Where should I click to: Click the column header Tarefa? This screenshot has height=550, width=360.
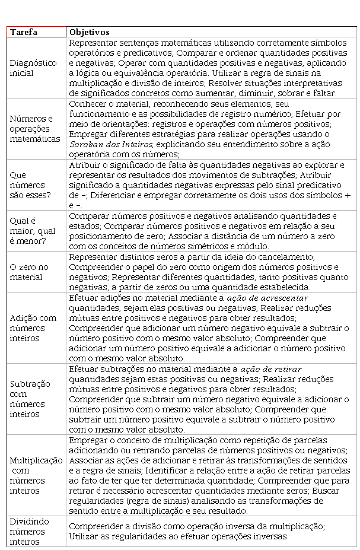tap(24, 32)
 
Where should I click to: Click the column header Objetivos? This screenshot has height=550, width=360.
tap(89, 32)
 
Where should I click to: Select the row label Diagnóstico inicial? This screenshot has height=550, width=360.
tap(33, 68)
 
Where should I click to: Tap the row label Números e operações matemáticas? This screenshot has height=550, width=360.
tap(35, 129)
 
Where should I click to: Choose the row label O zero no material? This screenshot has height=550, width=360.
tap(29, 272)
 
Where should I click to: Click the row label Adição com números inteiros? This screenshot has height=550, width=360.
tap(33, 328)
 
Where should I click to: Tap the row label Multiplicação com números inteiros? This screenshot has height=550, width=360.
tap(36, 475)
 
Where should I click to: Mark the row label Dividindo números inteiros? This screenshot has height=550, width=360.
tap(29, 531)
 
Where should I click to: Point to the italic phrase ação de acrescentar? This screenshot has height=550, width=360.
tap(266, 297)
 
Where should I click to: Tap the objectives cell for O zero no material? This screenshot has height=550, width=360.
tap(211, 272)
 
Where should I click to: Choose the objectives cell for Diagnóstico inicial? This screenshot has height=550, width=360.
tap(211, 68)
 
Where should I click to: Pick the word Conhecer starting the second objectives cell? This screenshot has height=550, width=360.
tap(88, 103)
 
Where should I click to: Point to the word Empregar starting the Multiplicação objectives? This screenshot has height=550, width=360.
tap(88, 440)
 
